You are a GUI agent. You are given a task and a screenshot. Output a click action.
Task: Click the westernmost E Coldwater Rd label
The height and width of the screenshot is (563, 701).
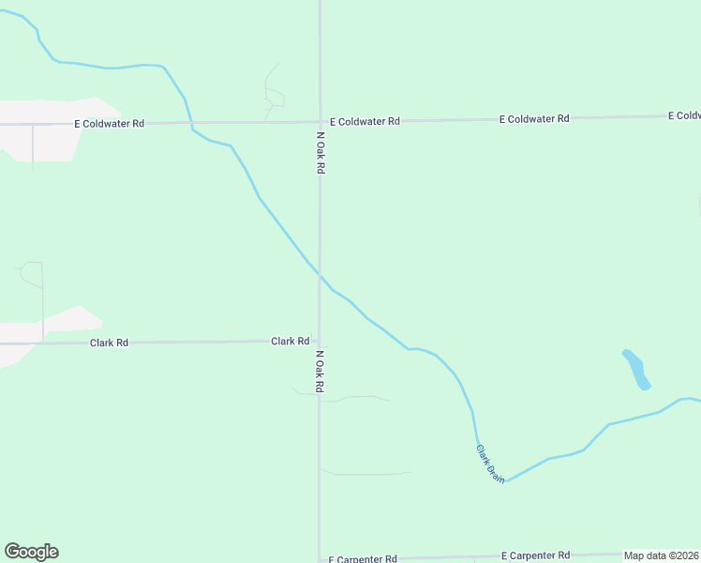point(110,123)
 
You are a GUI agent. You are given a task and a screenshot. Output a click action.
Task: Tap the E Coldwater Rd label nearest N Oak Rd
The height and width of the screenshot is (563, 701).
point(365,121)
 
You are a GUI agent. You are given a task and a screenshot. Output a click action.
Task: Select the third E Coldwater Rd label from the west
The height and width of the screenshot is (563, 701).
point(534,119)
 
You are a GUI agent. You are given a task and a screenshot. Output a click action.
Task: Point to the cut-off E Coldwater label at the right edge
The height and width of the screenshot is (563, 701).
point(684,115)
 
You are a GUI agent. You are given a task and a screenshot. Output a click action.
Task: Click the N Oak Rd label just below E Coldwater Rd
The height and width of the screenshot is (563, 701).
point(321,152)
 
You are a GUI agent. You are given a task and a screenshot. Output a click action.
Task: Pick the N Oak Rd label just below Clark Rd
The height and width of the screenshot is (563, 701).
point(321,372)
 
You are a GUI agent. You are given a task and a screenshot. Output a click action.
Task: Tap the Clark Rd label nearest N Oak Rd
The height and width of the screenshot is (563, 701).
point(291,342)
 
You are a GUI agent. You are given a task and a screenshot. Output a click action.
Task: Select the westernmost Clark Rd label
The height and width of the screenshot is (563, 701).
point(109,343)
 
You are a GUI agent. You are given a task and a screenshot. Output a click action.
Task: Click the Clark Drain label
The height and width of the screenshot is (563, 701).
point(490,464)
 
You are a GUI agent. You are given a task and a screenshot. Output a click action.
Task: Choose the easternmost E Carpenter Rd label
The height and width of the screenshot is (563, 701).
point(535,555)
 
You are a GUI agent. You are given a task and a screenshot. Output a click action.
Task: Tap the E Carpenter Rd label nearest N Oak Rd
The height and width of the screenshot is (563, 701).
point(364,558)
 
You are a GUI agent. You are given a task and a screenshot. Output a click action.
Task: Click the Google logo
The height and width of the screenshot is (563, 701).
point(31,552)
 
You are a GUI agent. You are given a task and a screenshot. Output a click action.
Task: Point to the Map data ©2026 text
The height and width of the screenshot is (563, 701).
point(662,555)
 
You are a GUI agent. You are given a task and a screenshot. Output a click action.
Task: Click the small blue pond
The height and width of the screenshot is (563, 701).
point(636,369)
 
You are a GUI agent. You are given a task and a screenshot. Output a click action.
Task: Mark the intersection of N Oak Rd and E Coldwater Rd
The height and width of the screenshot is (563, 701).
point(321,122)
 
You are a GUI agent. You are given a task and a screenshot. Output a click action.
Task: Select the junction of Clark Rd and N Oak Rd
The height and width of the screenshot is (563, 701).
point(320,342)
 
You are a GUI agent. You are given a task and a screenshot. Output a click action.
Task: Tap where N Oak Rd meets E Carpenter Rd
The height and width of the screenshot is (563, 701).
point(320,559)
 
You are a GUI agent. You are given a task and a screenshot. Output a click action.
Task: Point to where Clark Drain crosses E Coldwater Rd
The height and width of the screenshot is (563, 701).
point(190,123)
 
